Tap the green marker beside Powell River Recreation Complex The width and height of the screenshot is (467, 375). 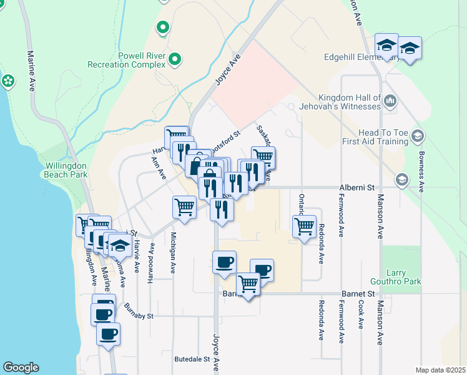(x=175, y=60)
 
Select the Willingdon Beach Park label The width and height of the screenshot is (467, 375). (x=66, y=171)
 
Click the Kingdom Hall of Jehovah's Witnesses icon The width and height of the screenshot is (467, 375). (x=390, y=100)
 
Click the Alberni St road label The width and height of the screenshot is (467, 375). (x=356, y=187)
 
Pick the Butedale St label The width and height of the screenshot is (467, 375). (x=192, y=359)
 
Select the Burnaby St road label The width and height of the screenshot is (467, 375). (x=138, y=311)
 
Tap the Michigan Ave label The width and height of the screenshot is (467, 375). (x=173, y=252)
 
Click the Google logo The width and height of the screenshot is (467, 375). (x=21, y=367)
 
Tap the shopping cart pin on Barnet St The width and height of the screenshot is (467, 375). (x=248, y=284)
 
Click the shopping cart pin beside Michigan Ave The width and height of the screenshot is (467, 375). (x=185, y=207)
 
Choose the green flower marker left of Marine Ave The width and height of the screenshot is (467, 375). (x=8, y=81)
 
